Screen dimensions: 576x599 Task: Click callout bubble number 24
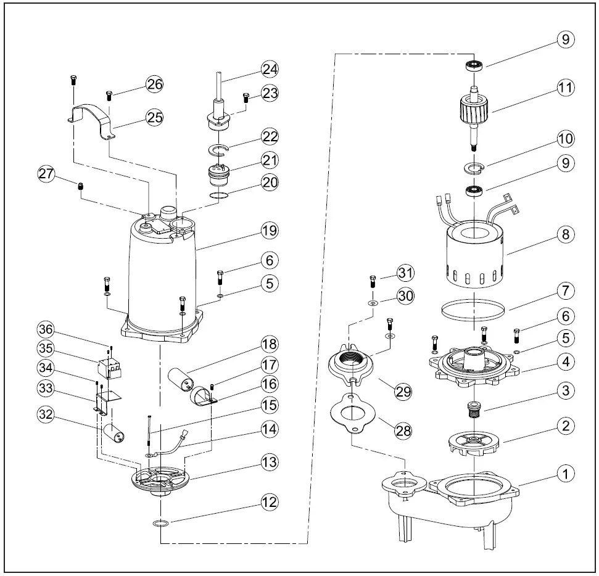point(269,68)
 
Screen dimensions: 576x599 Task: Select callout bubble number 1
point(565,474)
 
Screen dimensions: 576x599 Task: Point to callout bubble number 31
point(405,272)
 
